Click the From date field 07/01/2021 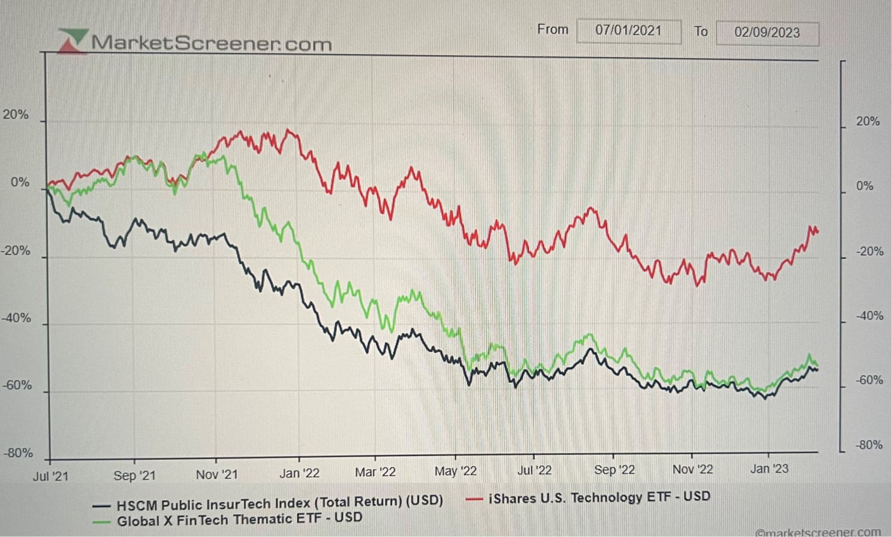[628, 31]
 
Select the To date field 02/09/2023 [767, 33]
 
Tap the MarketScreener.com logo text [211, 43]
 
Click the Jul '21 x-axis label [50, 476]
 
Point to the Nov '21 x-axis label [216, 475]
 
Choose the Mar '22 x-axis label [375, 472]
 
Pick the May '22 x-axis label [456, 472]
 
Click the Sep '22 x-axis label [614, 470]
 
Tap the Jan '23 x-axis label [769, 469]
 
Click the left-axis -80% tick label [18, 453]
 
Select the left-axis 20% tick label [16, 114]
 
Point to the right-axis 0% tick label [864, 186]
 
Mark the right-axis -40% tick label [869, 316]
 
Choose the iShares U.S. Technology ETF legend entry [599, 497]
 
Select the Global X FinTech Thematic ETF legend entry [239, 519]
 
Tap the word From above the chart [552, 29]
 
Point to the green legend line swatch [101, 521]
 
